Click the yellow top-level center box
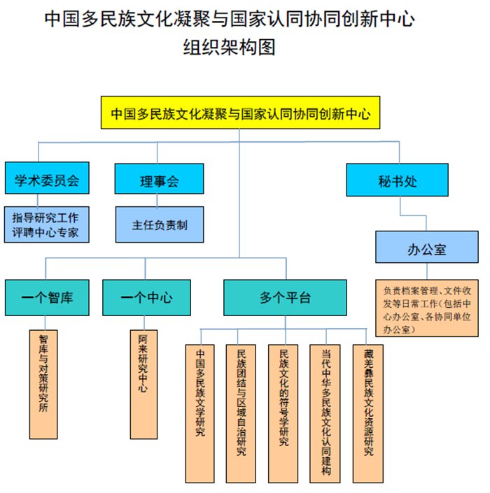(x=240, y=113)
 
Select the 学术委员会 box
(x=47, y=178)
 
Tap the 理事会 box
(x=159, y=178)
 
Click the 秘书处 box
(x=397, y=180)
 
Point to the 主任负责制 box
(x=160, y=224)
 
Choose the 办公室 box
(x=427, y=247)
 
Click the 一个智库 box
(x=47, y=298)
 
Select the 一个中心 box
(x=146, y=298)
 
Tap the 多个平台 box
(x=285, y=298)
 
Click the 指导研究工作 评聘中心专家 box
(x=47, y=224)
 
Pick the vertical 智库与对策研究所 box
(x=43, y=384)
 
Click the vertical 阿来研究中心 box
(x=143, y=384)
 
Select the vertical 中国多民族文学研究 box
(x=199, y=414)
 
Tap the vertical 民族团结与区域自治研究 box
(x=241, y=414)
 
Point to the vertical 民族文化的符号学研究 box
(x=283, y=414)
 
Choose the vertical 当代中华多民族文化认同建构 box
(x=325, y=414)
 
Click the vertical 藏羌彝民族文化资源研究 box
(x=368, y=414)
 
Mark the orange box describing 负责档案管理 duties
(x=427, y=308)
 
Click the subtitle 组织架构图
(x=229, y=47)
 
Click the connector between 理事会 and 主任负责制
(x=157, y=200)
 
